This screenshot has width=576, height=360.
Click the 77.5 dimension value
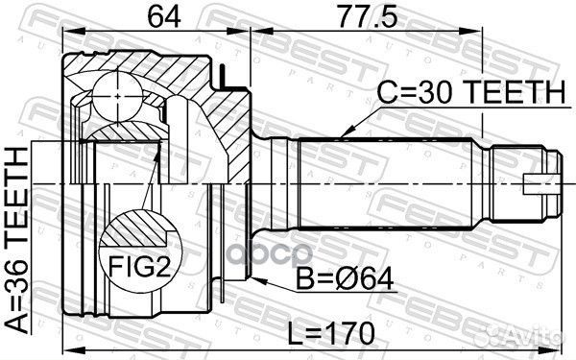point(368,16)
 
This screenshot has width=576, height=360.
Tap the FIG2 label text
point(141,267)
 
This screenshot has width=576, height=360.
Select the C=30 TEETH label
point(471,92)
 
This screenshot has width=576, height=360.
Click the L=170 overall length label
point(330,333)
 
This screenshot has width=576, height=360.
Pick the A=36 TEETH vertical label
point(16,240)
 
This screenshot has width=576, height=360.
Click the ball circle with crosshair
point(117,96)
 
